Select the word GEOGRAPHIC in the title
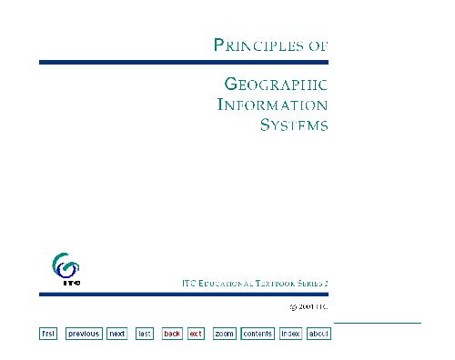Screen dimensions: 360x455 tap(276, 85)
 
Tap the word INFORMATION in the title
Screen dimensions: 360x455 tap(272, 105)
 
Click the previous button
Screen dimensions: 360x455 tap(83, 334)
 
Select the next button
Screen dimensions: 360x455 tap(116, 334)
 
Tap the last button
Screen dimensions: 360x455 tap(144, 334)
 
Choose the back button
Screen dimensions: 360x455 tap(172, 334)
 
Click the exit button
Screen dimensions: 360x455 tap(196, 334)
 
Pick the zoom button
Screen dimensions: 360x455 tap(224, 334)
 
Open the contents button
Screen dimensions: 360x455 tap(258, 334)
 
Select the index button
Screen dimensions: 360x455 tap(290, 334)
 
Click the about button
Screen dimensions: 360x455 tap(318, 334)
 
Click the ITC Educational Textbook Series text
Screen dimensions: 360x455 tap(255, 285)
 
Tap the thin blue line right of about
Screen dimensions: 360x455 tap(377, 323)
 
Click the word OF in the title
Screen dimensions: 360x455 tap(318, 44)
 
